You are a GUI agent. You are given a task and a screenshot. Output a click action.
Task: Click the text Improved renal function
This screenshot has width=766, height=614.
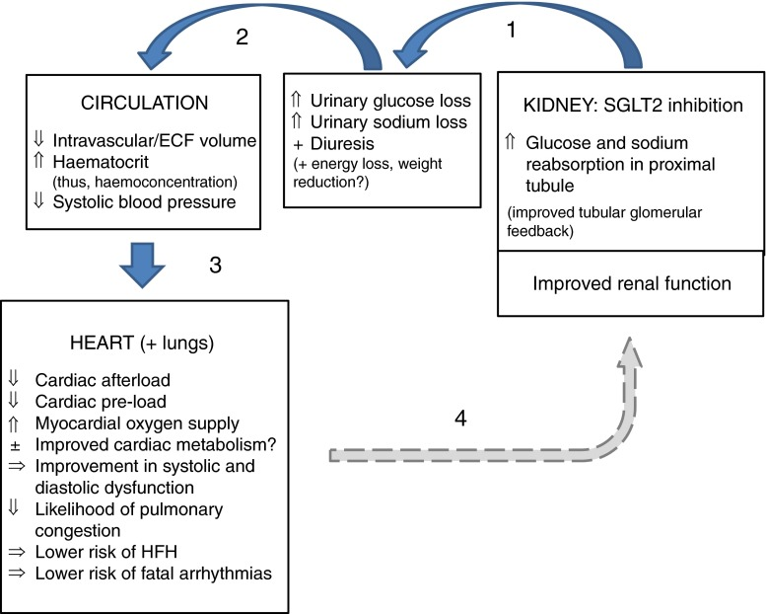(631, 283)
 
